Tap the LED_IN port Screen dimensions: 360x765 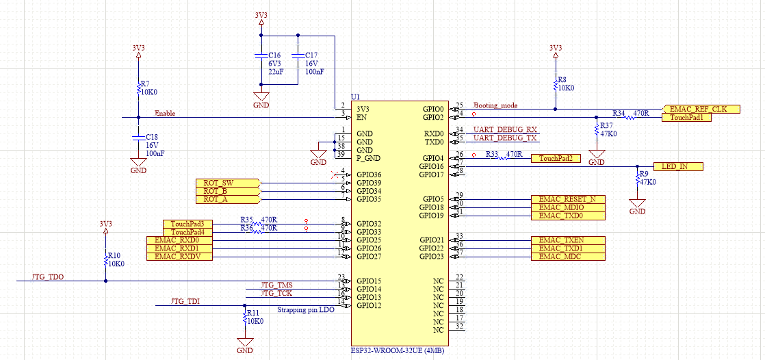tap(677, 166)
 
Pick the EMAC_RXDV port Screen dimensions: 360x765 tap(178, 256)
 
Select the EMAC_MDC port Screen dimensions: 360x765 tap(567, 256)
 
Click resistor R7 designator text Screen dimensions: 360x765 tap(144, 82)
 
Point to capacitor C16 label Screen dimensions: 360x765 tap(274, 55)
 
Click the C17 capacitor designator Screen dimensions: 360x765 tap(311, 55)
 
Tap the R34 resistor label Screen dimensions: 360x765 tap(619, 112)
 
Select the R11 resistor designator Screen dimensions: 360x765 tap(253, 312)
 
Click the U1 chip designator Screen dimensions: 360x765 tap(354, 97)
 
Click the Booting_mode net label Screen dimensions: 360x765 tap(495, 105)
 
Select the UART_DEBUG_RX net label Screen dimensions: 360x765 tap(506, 129)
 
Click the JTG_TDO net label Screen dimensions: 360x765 tap(48, 277)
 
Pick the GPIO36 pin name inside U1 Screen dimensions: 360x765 tap(369, 175)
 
